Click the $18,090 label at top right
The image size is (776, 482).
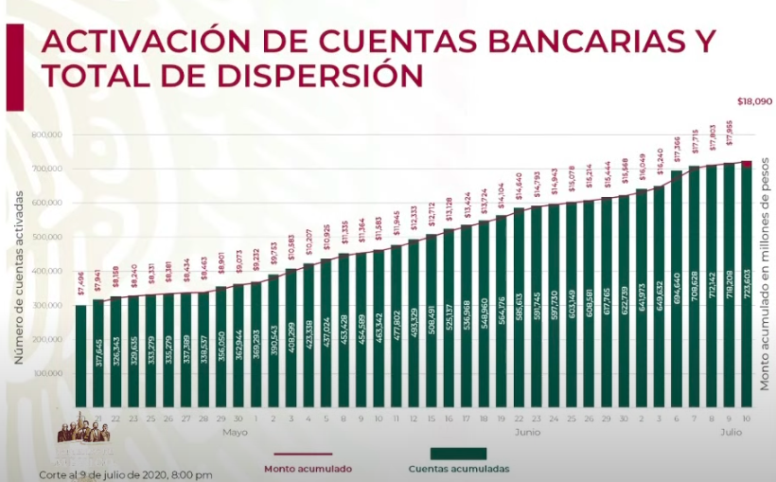(754, 100)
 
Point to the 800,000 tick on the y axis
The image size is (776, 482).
(45, 134)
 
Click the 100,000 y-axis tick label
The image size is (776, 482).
(45, 373)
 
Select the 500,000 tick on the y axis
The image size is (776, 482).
(45, 237)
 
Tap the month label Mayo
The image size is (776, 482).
(235, 433)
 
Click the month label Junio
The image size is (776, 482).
(528, 433)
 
